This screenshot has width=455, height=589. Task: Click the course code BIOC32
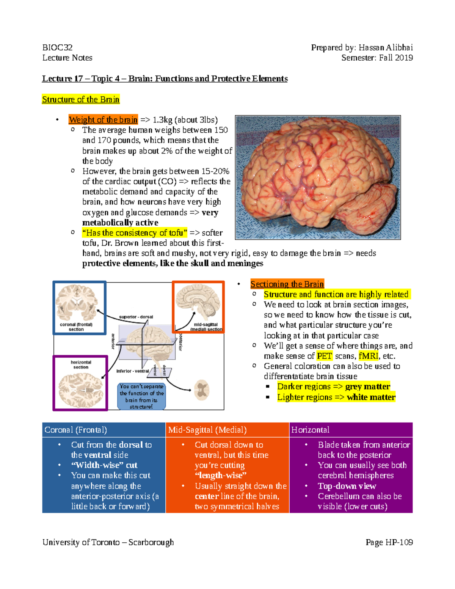tap(57, 47)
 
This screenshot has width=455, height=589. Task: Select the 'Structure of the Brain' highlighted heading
tap(81, 99)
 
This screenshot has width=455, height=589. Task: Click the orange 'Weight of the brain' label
tap(103, 120)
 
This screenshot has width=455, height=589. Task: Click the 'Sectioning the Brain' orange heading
tap(287, 284)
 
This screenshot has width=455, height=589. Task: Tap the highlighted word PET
tap(324, 356)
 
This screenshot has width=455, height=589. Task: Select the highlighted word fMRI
tap(368, 356)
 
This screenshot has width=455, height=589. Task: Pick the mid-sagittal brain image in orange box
tap(198, 303)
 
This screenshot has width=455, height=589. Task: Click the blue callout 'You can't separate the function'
tap(141, 396)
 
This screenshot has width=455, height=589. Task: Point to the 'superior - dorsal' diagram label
tap(136, 317)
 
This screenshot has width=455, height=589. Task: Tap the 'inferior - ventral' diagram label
tap(133, 371)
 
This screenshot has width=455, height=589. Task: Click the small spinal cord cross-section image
tap(202, 390)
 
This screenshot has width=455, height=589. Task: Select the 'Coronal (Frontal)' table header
tap(76, 430)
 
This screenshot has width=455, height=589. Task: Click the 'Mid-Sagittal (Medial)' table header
tap(207, 430)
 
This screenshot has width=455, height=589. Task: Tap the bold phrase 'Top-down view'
tap(347, 486)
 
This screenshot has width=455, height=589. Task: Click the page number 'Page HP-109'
tap(389, 542)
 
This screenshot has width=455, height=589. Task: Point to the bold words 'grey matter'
tap(367, 386)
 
